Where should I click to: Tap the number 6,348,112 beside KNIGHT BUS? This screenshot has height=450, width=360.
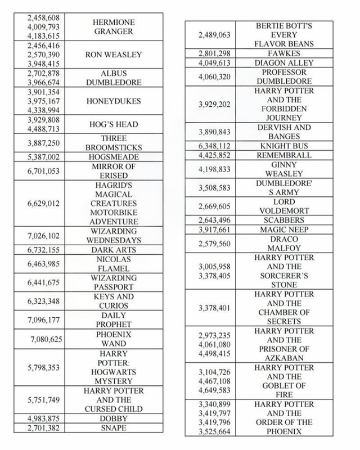click(215, 145)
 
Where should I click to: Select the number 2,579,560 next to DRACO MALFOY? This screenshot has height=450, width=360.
click(215, 243)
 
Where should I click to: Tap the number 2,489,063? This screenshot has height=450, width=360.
click(215, 35)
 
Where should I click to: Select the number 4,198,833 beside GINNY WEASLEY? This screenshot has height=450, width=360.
click(215, 168)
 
